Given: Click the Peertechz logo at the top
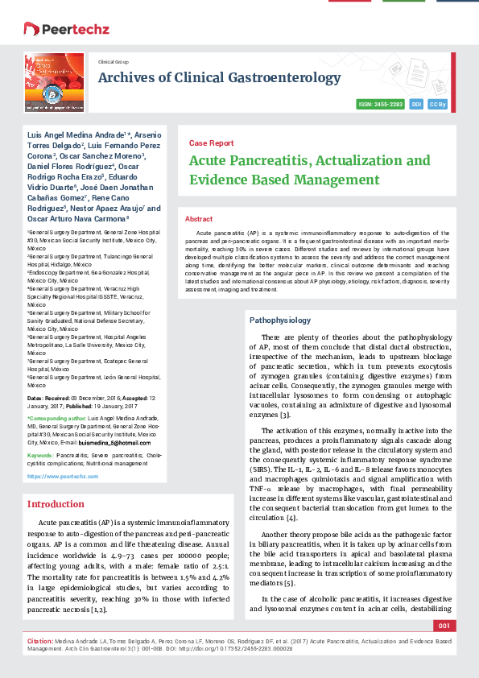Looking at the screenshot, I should click(x=56, y=28).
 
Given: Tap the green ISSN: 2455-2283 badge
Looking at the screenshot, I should click(x=380, y=105).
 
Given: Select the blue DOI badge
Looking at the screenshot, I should click(x=416, y=105).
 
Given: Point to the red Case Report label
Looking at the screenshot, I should click(x=211, y=143).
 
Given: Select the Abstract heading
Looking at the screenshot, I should click(x=199, y=219).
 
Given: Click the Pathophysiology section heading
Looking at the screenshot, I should click(x=279, y=320).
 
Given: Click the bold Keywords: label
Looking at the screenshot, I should click(x=40, y=455).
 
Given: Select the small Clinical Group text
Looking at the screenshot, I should click(x=114, y=61).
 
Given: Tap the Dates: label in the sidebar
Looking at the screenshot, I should click(x=36, y=399).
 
